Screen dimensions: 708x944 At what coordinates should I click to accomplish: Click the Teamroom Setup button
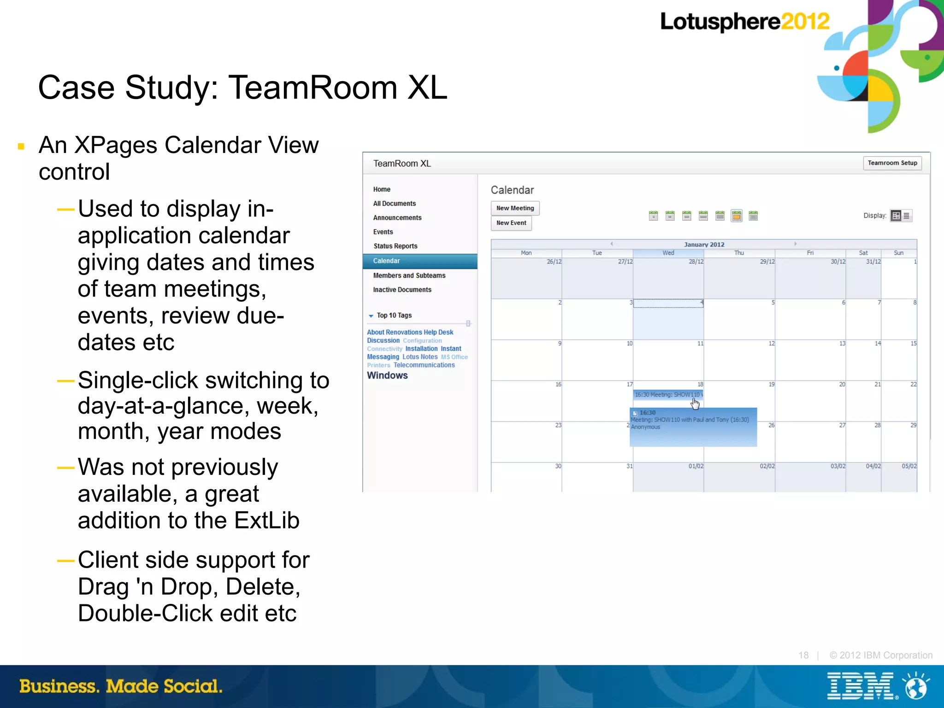coord(892,163)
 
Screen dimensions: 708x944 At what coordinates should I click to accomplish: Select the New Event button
coord(511,223)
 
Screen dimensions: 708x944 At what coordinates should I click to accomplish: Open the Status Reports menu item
coord(395,246)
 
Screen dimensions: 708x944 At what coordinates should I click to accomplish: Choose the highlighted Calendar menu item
coord(386,261)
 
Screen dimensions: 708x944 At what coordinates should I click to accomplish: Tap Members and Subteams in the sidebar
coord(409,275)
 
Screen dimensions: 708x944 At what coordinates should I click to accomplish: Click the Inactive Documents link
coord(402,290)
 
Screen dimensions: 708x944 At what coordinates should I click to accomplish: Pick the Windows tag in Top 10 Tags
coord(387,375)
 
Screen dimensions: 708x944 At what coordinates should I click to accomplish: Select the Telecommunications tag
coord(424,365)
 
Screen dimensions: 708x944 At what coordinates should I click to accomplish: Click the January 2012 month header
coord(704,245)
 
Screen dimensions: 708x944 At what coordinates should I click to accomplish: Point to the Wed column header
coord(668,253)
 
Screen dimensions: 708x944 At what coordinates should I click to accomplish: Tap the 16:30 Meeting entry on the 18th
coord(667,395)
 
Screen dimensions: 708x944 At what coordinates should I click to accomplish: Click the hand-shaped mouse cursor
coord(695,404)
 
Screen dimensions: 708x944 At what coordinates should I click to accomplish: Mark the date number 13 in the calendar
coord(842,344)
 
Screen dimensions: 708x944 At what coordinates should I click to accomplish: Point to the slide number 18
coord(803,655)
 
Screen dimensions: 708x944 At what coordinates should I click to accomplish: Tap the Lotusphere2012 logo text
coord(744,22)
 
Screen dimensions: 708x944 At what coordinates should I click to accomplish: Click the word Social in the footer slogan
coord(193,686)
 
